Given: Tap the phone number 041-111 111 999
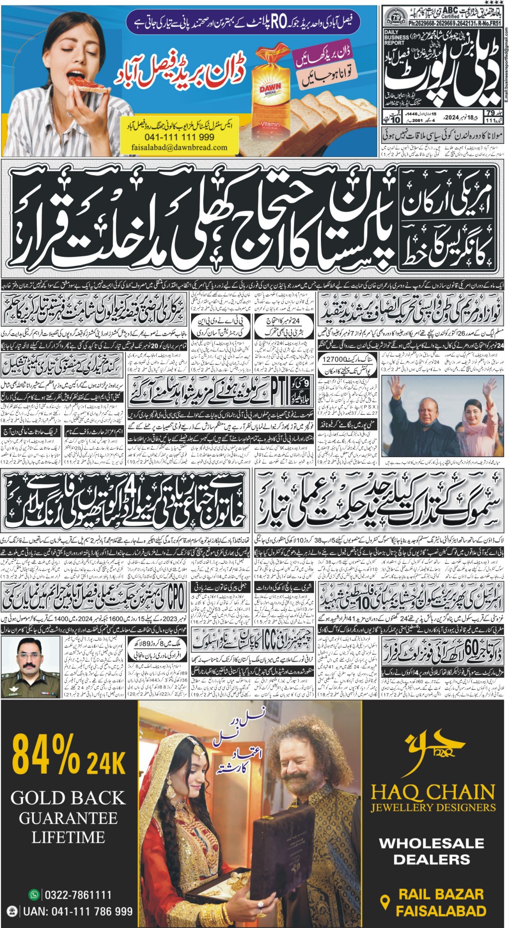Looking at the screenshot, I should coord(172,137).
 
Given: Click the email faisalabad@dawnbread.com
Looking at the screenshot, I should coord(179,147).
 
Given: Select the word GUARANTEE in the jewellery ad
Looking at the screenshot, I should coord(68,818).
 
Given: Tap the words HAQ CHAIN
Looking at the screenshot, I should coord(433,792).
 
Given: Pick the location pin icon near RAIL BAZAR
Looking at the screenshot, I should coord(384,902).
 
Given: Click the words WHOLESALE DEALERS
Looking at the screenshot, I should coord(431,851).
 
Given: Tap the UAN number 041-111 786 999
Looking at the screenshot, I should coord(78,912).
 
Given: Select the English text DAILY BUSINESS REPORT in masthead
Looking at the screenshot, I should coord(397,37).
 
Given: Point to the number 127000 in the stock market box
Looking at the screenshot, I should coord(336,359).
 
